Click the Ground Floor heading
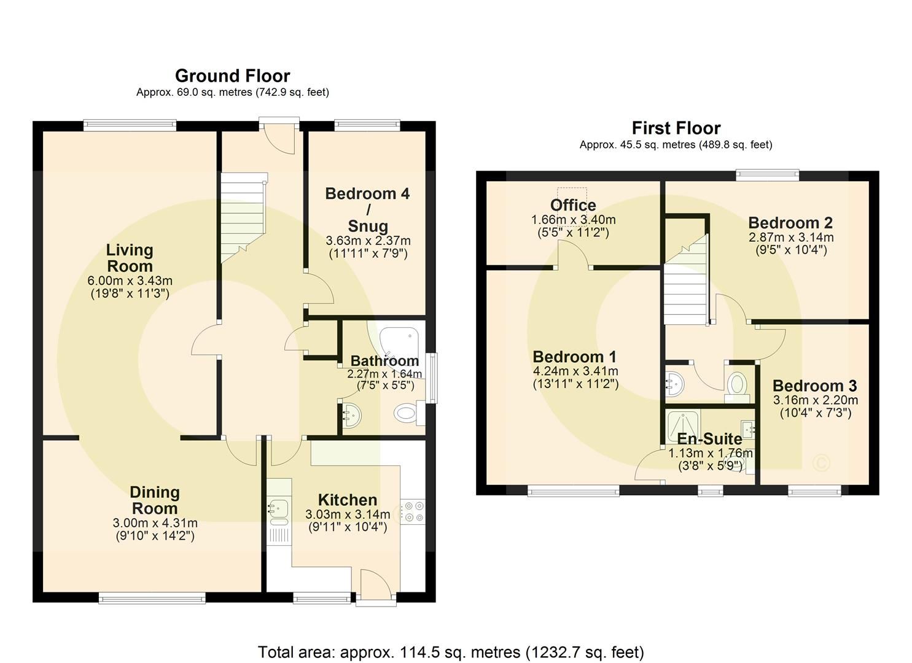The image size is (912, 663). [232, 76]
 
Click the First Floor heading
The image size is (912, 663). [676, 128]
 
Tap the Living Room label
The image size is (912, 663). [130, 258]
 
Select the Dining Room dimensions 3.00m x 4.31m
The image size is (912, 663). [155, 523]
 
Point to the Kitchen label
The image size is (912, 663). [347, 500]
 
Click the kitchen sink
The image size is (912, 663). [279, 510]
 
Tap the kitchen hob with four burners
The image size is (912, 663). [412, 512]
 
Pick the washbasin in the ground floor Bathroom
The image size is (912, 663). [353, 415]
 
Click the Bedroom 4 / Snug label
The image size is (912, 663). [367, 209]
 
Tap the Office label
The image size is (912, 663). [573, 205]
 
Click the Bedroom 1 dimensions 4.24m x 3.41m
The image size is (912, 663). [575, 371]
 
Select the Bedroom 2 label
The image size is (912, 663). [790, 222]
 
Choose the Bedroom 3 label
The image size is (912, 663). [814, 386]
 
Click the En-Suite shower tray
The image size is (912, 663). [682, 423]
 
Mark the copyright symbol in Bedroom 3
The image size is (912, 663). [821, 462]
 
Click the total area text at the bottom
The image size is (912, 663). [451, 651]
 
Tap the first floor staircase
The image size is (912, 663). [684, 282]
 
